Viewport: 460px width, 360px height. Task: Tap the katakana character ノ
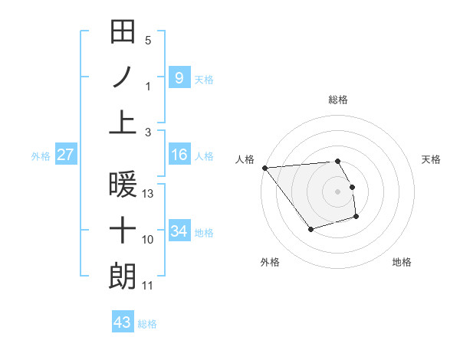123,77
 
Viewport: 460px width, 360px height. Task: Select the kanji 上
123,122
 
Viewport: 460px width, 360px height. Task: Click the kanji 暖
123,185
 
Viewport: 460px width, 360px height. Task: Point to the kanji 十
123,230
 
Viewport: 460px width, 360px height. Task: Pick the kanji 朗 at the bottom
123,275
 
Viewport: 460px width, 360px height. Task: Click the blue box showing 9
179,77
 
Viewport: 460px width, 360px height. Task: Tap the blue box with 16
179,155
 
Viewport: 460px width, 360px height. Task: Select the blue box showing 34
179,231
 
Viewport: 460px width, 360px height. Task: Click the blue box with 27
65,155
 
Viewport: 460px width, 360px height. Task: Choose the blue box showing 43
122,322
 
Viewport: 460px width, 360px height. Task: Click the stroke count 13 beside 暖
149,194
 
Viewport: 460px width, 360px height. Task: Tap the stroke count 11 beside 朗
148,286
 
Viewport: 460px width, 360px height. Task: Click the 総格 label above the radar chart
338,100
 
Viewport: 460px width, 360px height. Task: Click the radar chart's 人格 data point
264,167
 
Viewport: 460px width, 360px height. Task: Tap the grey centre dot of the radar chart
338,191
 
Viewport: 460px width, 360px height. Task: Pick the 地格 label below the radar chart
402,262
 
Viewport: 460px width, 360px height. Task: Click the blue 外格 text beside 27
41,155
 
